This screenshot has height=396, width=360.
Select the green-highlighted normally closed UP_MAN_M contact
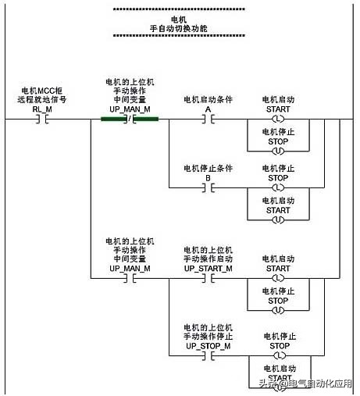pyautogui.click(x=130, y=120)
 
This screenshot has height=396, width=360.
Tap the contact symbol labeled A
pyautogui.click(x=208, y=120)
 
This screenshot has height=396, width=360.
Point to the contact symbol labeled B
pyautogui.click(x=208, y=188)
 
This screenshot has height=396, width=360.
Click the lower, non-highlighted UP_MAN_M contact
pyautogui.click(x=130, y=278)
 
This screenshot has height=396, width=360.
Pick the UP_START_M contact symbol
pyautogui.click(x=208, y=278)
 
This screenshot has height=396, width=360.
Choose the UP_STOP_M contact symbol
pyautogui.click(x=208, y=355)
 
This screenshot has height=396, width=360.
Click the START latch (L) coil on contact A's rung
pyautogui.click(x=278, y=120)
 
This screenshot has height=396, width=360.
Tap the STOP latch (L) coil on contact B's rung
pyautogui.click(x=278, y=188)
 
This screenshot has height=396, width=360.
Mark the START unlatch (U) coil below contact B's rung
pyautogui.click(x=278, y=219)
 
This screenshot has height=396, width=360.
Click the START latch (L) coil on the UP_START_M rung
pyautogui.click(x=278, y=278)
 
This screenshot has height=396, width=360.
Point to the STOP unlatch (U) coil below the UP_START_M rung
pyautogui.click(x=278, y=309)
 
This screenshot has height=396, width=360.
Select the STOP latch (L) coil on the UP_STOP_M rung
pyautogui.click(x=278, y=355)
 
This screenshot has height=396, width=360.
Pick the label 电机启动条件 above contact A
pyautogui.click(x=208, y=100)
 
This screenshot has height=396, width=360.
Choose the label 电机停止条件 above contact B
pyautogui.click(x=208, y=168)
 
